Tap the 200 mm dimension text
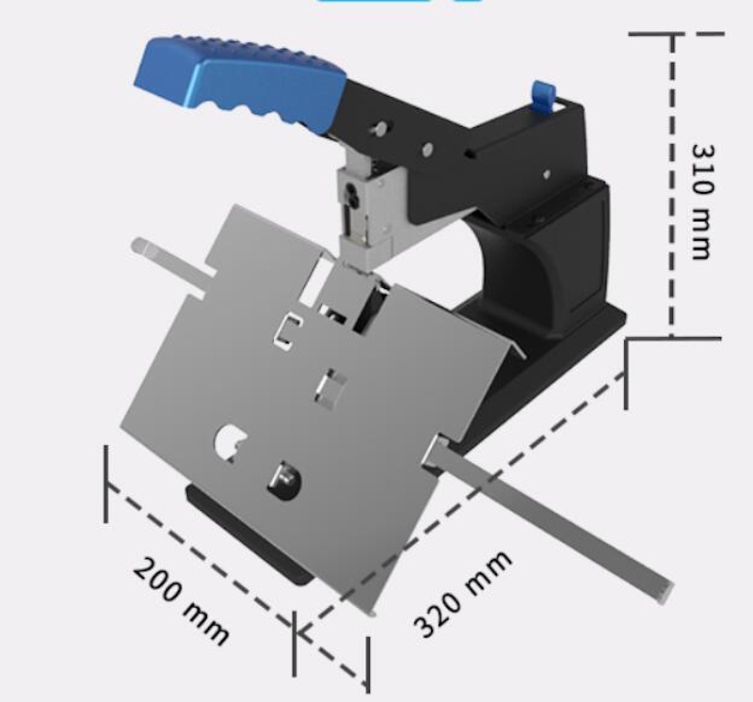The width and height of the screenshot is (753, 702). pyautogui.click(x=180, y=599)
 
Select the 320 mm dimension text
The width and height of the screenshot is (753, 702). pyautogui.click(x=463, y=592)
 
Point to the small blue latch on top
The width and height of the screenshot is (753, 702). pyautogui.click(x=541, y=94)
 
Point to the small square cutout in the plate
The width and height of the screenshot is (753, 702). pyautogui.click(x=330, y=385)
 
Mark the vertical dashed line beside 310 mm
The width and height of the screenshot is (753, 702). pyautogui.click(x=672, y=188)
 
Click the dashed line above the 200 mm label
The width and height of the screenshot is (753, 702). pyautogui.click(x=198, y=550)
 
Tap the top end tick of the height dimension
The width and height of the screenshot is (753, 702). pyautogui.click(x=672, y=35)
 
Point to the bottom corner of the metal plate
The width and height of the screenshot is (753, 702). pyautogui.click(x=370, y=612)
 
